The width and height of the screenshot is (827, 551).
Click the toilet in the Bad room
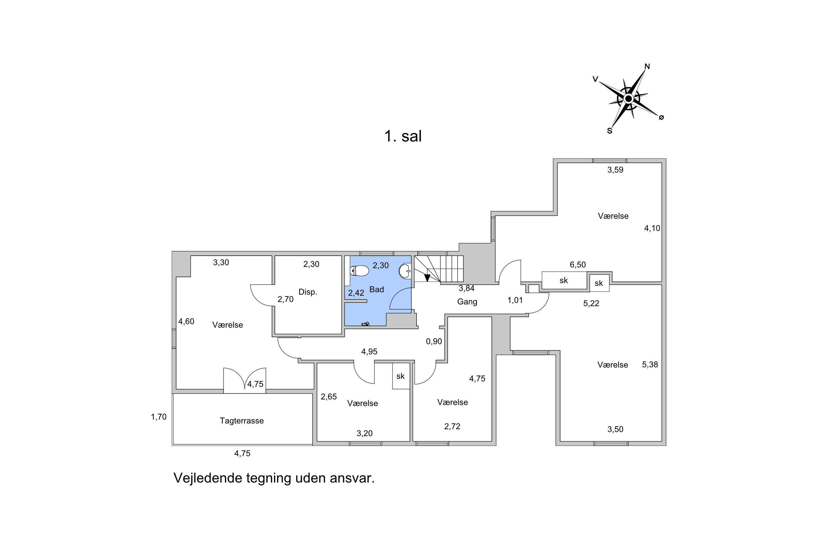click(x=359, y=271)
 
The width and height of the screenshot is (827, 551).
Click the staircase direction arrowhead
click(x=427, y=278)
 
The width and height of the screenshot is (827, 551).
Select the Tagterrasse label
click(x=241, y=421)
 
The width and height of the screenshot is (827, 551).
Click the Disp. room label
click(x=308, y=292)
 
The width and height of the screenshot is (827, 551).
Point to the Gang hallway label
click(x=467, y=301)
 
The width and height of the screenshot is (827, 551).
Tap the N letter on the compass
click(x=647, y=66)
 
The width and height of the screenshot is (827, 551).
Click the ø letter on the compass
click(x=661, y=117)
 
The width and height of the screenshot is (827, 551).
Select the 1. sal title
click(x=403, y=136)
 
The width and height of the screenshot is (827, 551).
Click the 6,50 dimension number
click(x=578, y=264)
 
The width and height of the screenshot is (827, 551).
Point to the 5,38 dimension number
click(x=650, y=364)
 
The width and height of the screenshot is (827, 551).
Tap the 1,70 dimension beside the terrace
click(x=159, y=417)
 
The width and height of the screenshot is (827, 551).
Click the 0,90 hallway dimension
click(x=434, y=341)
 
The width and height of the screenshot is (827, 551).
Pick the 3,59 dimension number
click(x=615, y=170)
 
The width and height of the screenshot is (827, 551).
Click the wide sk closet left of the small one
click(x=564, y=280)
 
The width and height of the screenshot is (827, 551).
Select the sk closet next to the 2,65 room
click(x=401, y=376)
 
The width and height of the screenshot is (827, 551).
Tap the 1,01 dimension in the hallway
click(x=515, y=300)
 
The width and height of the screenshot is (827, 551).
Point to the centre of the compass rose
click(x=628, y=99)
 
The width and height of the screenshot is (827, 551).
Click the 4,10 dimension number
click(x=652, y=228)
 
